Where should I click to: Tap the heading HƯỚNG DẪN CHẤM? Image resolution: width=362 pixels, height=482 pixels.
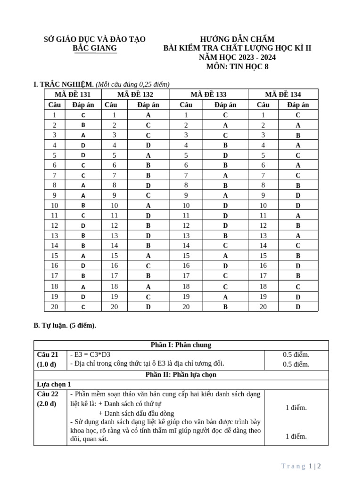click(237, 39)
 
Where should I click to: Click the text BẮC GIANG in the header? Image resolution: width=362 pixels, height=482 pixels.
click(94, 48)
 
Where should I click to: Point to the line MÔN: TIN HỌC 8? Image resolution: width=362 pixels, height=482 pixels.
click(237, 66)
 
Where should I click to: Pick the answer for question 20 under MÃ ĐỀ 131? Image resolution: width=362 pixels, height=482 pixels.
click(83, 307)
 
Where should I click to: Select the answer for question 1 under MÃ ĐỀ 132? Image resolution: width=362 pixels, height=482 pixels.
click(148, 115)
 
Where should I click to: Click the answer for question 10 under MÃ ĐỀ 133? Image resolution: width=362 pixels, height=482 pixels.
click(225, 205)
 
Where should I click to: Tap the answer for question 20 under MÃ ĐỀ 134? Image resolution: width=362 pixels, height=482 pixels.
click(298, 307)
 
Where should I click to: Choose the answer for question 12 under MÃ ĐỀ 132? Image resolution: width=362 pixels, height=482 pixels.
click(148, 225)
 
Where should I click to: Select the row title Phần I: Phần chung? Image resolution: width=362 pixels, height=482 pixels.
click(181, 345)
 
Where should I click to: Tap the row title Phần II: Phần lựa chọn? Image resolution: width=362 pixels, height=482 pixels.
click(181, 375)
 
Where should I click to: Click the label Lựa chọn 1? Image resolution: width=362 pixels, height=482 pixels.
click(54, 384)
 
